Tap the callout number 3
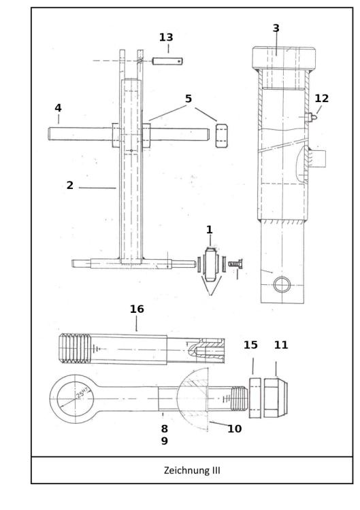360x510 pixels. tap(276, 28)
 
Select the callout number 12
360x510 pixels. tap(321, 98)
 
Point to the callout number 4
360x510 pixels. tap(58, 108)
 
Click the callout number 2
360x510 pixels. tap(70, 185)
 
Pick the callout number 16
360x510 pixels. tap(137, 309)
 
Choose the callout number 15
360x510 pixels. tap(250, 345)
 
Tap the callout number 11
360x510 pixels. tap(281, 345)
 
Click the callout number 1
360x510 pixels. tap(210, 231)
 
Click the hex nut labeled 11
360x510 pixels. tap(276, 394)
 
